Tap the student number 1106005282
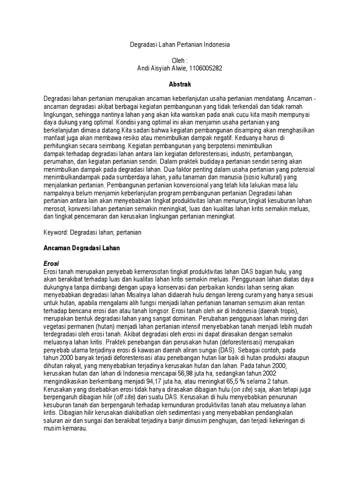pyautogui.click(x=203, y=68)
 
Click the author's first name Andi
pyautogui.click(x=142, y=68)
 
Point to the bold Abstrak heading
pyautogui.click(x=180, y=84)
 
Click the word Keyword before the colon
pyautogui.click(x=55, y=232)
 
